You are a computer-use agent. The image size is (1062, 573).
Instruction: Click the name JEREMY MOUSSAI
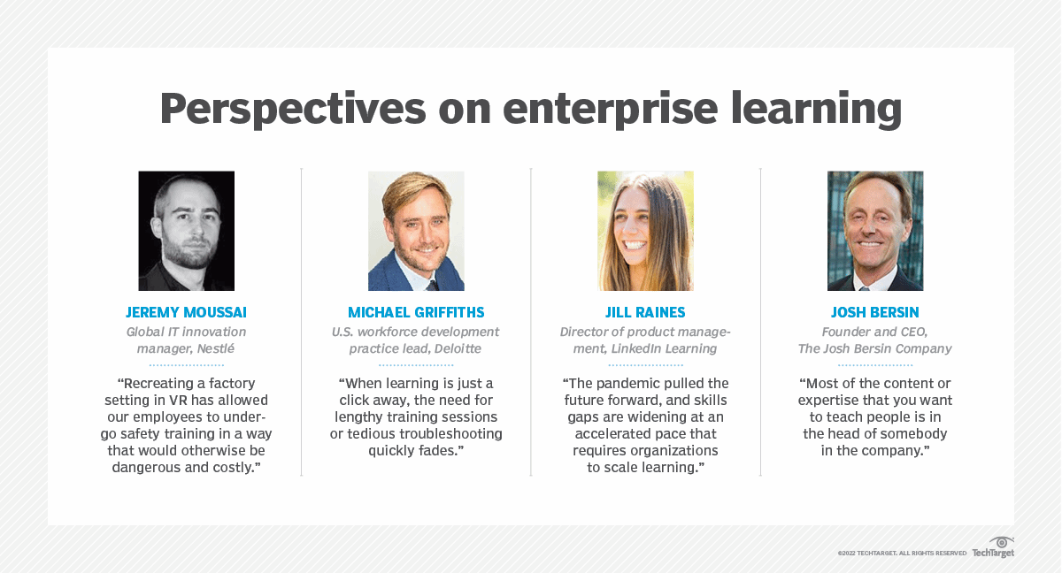click(186, 313)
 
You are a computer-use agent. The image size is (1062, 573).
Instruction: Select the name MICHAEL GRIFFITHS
click(416, 313)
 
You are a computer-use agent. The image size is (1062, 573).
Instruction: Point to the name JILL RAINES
click(645, 313)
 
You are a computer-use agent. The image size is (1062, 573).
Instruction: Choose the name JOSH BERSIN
click(875, 313)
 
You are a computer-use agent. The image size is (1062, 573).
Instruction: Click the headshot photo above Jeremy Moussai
click(186, 231)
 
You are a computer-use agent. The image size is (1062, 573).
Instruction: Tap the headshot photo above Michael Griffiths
click(416, 231)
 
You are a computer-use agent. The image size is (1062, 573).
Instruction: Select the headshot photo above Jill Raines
click(645, 231)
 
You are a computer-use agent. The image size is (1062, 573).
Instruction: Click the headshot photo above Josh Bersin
click(875, 231)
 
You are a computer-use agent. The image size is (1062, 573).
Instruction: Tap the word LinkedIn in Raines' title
click(639, 348)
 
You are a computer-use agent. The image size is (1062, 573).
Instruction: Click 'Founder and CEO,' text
click(875, 332)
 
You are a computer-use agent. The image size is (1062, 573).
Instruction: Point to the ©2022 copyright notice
click(902, 554)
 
